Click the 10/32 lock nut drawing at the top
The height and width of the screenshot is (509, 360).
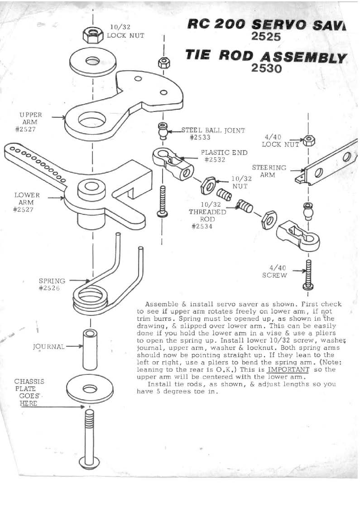93,33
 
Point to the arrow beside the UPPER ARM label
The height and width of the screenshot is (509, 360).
58,117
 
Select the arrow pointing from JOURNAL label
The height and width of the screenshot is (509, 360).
73,347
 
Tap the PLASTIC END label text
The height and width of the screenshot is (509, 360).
222,153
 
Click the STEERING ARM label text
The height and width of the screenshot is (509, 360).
269,171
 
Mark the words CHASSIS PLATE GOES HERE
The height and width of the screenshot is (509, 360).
29,392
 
